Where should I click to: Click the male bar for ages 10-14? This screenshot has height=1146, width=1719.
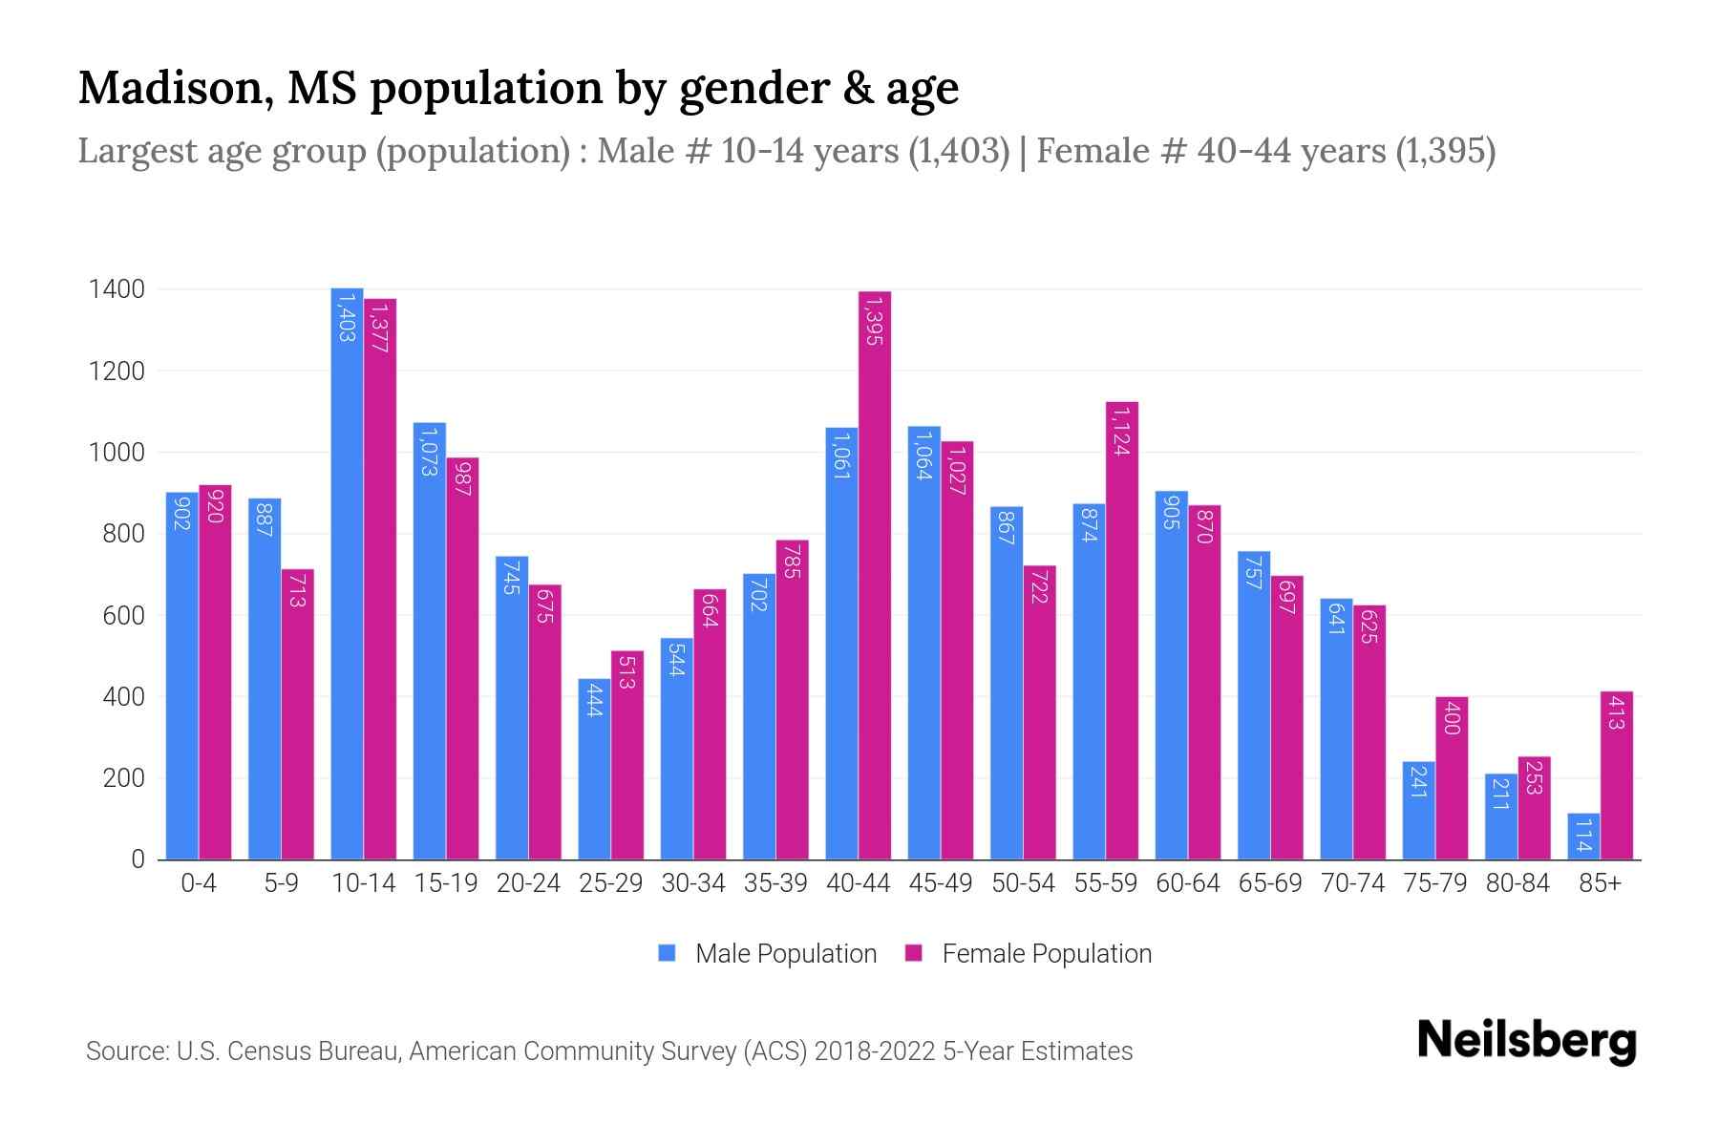[347, 573]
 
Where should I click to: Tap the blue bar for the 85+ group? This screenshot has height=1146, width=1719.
[1583, 837]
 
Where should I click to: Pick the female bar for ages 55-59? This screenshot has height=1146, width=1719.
[1122, 630]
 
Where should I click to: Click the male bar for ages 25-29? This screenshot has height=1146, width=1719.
[594, 769]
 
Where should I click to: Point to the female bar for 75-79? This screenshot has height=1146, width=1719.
[1452, 778]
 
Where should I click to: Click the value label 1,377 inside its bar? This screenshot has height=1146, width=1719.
[380, 328]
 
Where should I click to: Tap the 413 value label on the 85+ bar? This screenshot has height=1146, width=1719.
[1616, 712]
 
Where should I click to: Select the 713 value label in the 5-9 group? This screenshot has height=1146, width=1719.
[297, 590]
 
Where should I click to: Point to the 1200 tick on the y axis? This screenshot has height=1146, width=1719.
[117, 371]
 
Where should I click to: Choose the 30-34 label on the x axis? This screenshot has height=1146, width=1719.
[693, 883]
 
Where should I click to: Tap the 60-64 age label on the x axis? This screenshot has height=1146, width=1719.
[1188, 883]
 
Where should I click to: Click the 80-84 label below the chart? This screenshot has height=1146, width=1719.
[1517, 883]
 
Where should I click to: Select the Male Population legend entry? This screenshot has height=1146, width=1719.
[785, 954]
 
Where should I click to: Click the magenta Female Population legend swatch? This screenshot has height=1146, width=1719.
[914, 953]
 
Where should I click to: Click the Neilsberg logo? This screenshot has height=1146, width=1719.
[1526, 1041]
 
